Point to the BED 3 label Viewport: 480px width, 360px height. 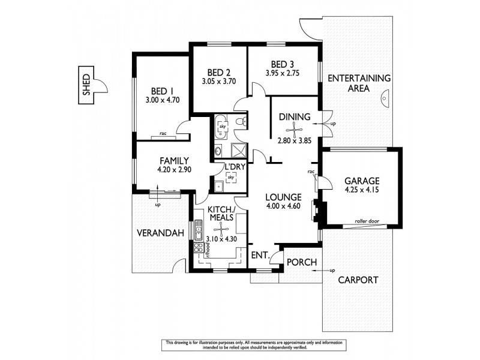point(282,64)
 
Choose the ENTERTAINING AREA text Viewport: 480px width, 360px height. point(359,83)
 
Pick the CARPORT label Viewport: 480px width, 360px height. point(358,280)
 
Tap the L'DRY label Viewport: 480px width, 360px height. point(233,167)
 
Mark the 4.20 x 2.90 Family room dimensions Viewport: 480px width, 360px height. point(174,170)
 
